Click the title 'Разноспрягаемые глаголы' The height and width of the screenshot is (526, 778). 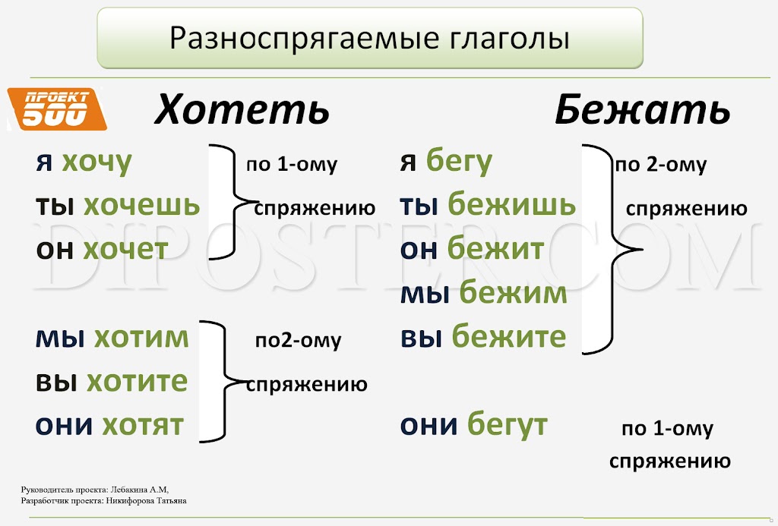pos(369,38)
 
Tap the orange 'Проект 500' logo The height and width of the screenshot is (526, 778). pos(57,109)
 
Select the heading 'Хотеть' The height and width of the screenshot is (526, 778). pos(242,109)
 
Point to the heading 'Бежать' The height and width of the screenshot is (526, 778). pos(642,109)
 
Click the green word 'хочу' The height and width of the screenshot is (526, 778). pos(96,162)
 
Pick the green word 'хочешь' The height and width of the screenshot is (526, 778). pos(142,205)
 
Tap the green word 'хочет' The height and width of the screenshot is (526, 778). pos(125,248)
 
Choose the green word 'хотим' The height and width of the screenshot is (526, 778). pos(142,338)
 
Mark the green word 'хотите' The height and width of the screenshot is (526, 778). pos(137,381)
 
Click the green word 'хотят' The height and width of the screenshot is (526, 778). pos(143,425)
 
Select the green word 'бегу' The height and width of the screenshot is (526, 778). pos(459,162)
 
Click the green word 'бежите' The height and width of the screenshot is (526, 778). pos(508,335)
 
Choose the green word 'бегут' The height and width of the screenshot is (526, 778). pos(508,425)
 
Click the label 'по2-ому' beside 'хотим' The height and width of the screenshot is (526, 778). pos(298,341)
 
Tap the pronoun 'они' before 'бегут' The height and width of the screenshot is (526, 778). pos(429,425)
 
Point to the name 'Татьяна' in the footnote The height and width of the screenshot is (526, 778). pos(172,501)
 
